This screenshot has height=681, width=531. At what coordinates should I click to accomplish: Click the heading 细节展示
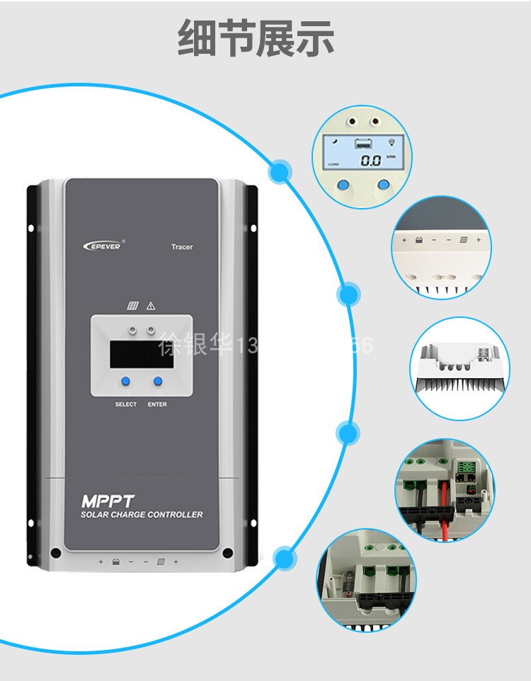coord(256,38)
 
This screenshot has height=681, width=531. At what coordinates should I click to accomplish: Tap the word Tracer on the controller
coord(182,247)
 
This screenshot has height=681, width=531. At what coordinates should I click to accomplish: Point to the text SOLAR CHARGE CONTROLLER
coord(142,515)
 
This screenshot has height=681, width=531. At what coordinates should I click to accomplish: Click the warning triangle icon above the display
coord(150,306)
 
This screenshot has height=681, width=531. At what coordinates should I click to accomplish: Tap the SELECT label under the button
coord(126,404)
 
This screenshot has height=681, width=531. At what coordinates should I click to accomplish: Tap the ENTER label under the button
coord(157,404)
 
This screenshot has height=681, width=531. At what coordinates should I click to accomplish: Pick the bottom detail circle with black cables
coord(366,580)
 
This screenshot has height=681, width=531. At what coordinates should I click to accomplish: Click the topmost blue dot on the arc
coord(281,171)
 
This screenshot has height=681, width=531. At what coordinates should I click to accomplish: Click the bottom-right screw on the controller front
coord(227,554)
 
